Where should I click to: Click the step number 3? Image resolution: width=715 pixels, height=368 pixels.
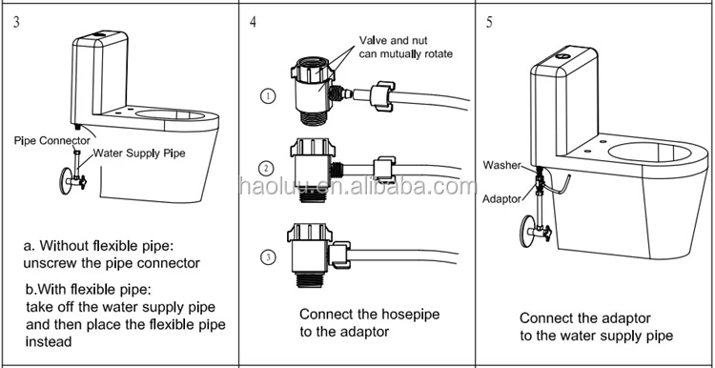point(16,22)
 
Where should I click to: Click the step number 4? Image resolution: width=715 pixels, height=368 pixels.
point(253,22)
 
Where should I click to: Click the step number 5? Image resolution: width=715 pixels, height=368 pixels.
point(489,22)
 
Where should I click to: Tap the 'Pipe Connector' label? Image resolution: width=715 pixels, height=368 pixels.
point(52,140)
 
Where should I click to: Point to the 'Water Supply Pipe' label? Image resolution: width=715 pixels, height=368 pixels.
point(139,153)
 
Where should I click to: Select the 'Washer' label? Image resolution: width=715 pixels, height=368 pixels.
point(501,165)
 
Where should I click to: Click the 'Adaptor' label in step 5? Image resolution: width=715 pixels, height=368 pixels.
point(501,199)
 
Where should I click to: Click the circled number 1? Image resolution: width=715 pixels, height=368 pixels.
point(268,96)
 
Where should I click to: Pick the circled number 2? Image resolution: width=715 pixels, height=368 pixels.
point(266,169)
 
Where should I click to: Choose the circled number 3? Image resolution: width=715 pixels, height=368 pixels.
point(268,257)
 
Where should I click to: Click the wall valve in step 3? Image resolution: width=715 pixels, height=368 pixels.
point(74,180)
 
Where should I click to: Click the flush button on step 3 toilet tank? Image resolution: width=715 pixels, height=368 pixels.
point(99,34)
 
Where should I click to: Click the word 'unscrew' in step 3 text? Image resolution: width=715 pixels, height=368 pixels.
point(50,263)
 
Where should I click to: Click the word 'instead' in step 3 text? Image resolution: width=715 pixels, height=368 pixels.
point(49,341)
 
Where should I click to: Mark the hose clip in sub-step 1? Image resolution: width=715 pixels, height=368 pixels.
point(382,95)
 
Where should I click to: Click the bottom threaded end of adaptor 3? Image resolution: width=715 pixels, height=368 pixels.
point(310,279)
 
